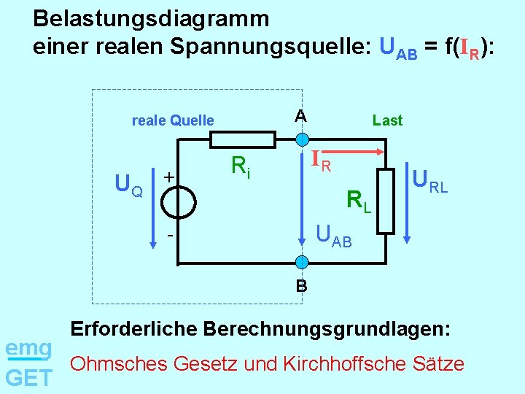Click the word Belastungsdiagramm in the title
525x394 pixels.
pos(151,18)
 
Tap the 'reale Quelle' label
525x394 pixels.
pos(173,120)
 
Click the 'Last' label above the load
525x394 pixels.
pos(387,120)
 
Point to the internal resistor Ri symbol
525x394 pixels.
pos(238,139)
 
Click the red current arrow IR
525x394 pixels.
pos(343,152)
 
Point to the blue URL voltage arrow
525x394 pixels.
pos(407,204)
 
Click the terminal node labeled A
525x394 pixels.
pos(301,139)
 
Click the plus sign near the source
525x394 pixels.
pos(168,177)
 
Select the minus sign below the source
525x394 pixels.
pos(169,236)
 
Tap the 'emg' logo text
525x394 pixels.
pos(28,347)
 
